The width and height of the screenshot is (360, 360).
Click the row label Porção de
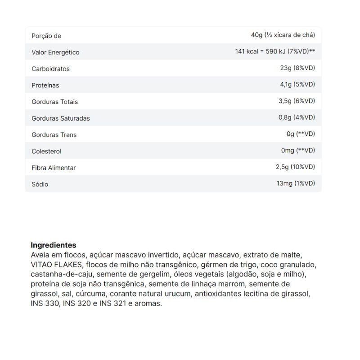pyautogui.click(x=46, y=36)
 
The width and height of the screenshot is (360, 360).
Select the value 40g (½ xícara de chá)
pyautogui.click(x=283, y=35)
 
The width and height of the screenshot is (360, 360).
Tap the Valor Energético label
pyautogui.click(x=55, y=52)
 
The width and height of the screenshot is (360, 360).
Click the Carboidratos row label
pyautogui.click(x=50, y=69)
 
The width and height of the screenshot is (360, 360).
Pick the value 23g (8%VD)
pyautogui.click(x=297, y=68)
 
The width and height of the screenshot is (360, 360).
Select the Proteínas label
pyautogui.click(x=45, y=85)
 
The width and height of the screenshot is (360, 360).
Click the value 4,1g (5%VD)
pyautogui.click(x=297, y=85)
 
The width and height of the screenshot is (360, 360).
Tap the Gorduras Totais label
pyautogui.click(x=54, y=102)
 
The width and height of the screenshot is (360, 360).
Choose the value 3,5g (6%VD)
pyautogui.click(x=297, y=101)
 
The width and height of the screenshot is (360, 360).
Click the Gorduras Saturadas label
pyautogui.click(x=61, y=118)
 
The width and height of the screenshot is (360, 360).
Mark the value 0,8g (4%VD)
pyautogui.click(x=297, y=117)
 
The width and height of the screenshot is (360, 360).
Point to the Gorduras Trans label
pyautogui.click(x=54, y=135)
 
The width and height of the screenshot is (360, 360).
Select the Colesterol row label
pyautogui.click(x=46, y=151)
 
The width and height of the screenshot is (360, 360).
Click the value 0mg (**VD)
pyautogui.click(x=298, y=150)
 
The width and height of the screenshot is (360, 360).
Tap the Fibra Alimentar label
pyautogui.click(x=54, y=168)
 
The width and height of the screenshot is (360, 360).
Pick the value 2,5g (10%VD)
pyautogui.click(x=295, y=167)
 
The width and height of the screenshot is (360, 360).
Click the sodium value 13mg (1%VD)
pyautogui.click(x=296, y=183)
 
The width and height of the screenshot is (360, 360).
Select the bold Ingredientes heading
pyautogui.click(x=54, y=245)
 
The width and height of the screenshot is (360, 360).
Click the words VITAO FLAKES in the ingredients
pyautogui.click(x=57, y=264)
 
